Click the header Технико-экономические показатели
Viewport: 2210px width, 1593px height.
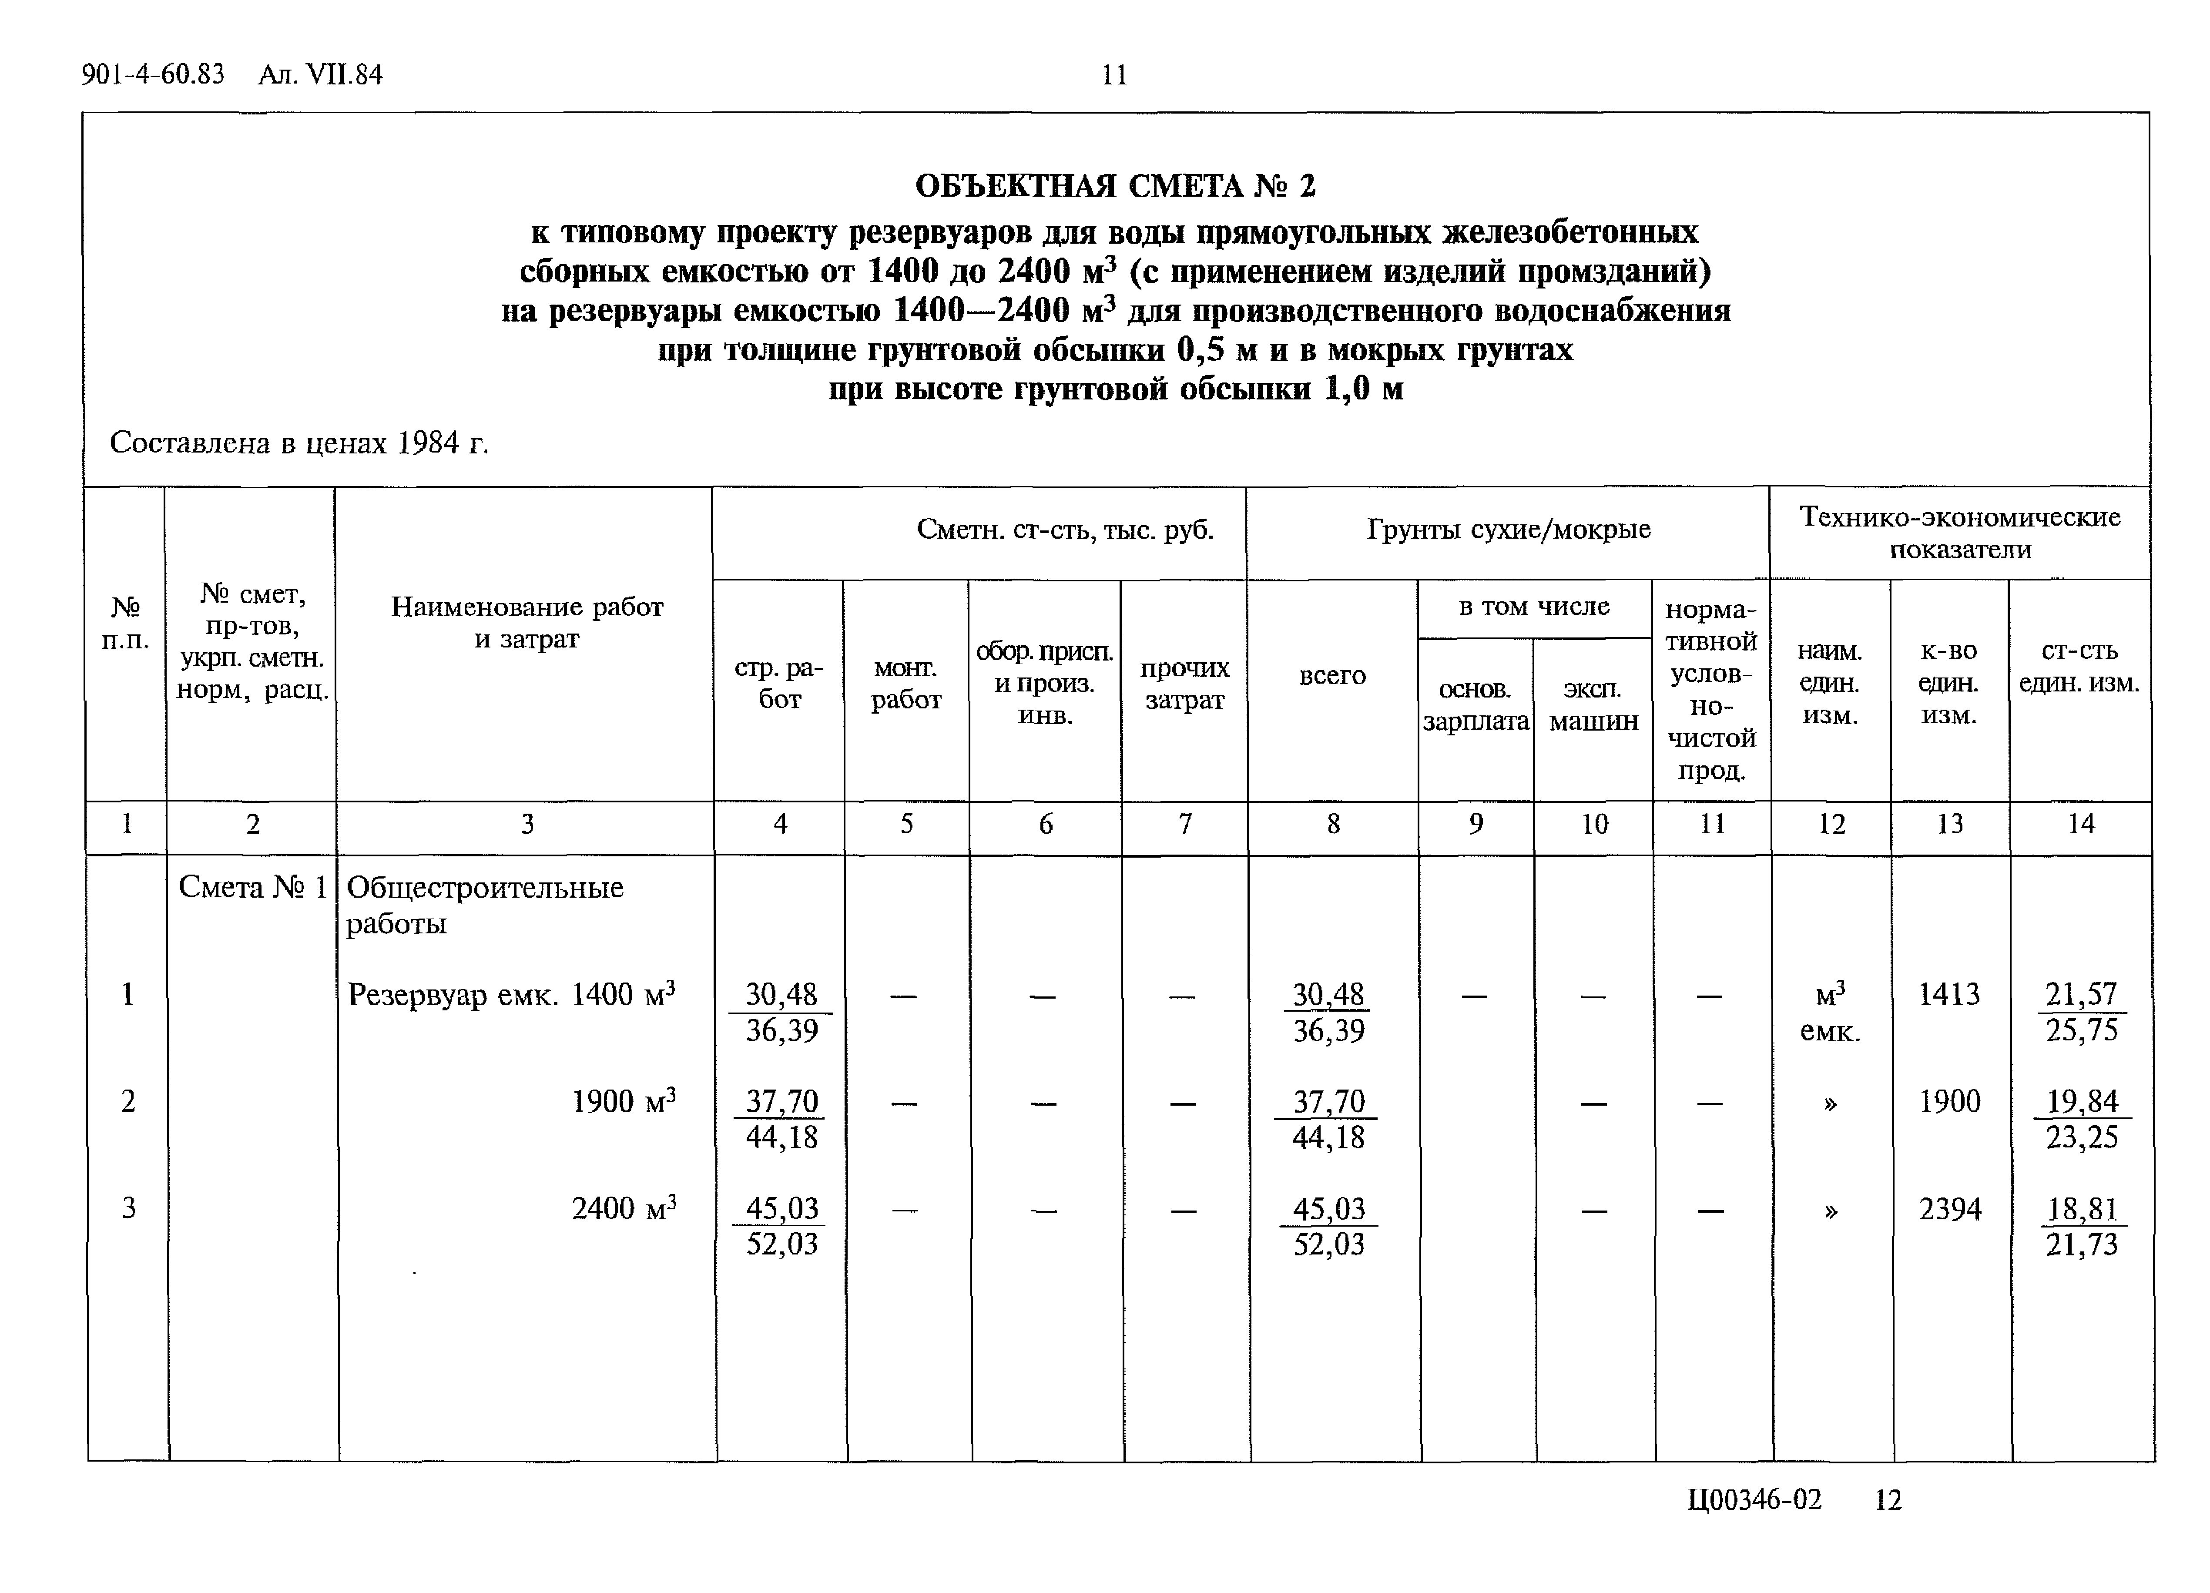[x=1959, y=532]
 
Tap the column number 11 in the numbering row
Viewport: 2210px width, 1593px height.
[x=1712, y=824]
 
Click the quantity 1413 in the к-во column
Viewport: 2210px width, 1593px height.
[x=1949, y=995]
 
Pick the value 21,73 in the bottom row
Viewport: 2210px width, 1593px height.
[x=2081, y=1244]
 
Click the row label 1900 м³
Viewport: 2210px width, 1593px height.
[x=624, y=1102]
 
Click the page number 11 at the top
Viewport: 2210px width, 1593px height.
[x=1114, y=75]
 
